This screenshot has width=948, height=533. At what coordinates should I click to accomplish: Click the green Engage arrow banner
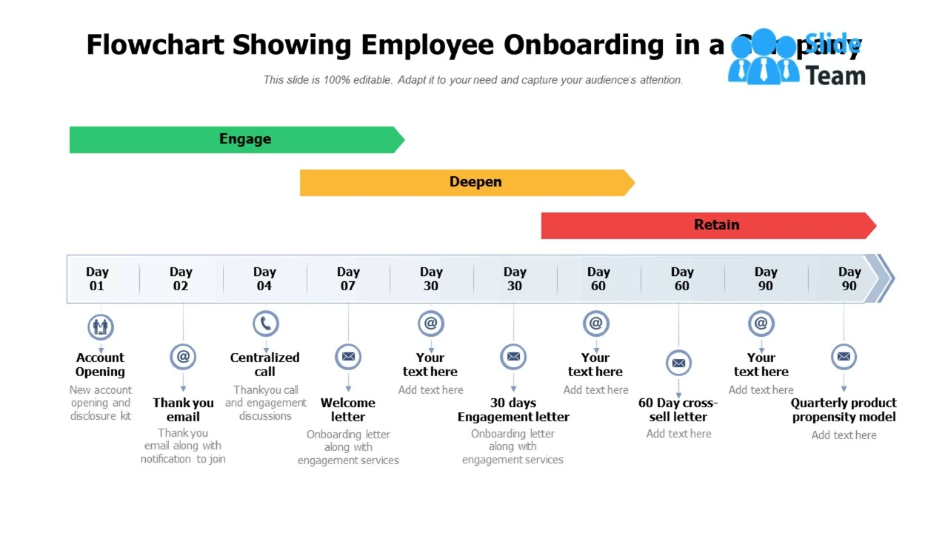(237, 139)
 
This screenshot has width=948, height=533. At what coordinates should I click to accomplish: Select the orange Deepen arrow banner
(467, 182)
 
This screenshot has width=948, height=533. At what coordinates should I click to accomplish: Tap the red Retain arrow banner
(708, 225)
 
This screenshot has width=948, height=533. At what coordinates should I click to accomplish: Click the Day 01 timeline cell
(97, 279)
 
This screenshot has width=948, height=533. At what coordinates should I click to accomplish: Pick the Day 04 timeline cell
(264, 279)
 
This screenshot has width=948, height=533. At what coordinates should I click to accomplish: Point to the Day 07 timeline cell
(348, 279)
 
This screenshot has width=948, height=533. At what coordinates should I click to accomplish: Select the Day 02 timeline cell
(181, 279)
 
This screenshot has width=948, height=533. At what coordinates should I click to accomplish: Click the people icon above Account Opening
(101, 326)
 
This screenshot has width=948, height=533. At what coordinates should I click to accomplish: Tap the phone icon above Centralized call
(266, 324)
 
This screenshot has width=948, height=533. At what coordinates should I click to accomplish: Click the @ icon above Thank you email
(183, 357)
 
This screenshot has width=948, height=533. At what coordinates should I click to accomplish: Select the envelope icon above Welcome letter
(348, 357)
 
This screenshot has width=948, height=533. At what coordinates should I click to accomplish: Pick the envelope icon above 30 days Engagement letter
(513, 357)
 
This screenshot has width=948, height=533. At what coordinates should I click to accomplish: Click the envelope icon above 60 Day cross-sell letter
(678, 363)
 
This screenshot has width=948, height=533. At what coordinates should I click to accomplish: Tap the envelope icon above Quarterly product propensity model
(844, 357)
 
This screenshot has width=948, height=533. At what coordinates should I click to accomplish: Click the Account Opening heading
(100, 365)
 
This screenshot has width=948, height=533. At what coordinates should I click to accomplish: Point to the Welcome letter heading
(348, 410)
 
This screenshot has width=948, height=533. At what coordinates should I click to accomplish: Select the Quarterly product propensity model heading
(844, 410)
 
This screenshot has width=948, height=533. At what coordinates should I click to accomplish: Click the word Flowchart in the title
(156, 45)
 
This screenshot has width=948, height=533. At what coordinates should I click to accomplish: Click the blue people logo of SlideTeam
(763, 58)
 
